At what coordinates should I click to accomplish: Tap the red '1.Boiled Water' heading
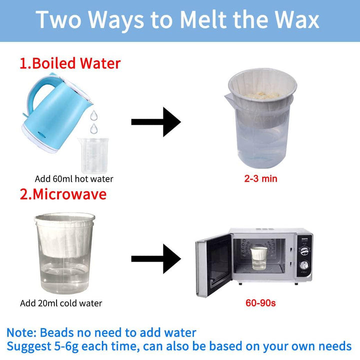coord(70,63)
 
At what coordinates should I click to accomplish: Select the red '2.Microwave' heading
coord(63,193)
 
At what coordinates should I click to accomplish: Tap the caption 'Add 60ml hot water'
coord(74,179)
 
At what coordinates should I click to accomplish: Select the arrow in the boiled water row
coord(155,121)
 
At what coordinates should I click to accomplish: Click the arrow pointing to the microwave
coord(155,258)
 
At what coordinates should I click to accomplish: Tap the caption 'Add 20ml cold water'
coord(61,303)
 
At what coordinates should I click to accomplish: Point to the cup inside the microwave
coord(258,257)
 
